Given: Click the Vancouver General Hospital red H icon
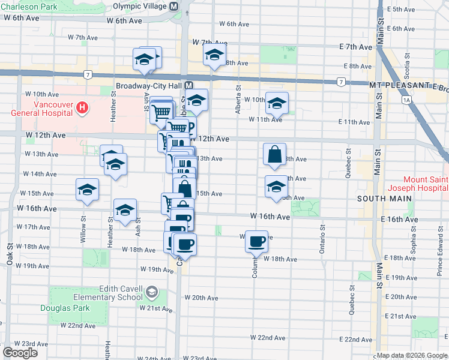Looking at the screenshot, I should (83, 108).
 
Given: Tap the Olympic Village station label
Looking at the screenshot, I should (140, 6).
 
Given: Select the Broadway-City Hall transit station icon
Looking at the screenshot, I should (188, 86).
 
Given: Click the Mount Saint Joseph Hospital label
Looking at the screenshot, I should (424, 184).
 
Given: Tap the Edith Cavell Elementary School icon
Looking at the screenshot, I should (152, 292).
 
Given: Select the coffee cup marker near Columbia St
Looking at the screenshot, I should (256, 241).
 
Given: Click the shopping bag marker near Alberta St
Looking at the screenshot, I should (274, 154).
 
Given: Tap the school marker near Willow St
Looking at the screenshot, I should (88, 190).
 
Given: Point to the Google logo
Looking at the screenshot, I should (20, 352).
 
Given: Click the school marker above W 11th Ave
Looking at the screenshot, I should (276, 103).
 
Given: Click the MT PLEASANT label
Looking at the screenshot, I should (393, 86).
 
